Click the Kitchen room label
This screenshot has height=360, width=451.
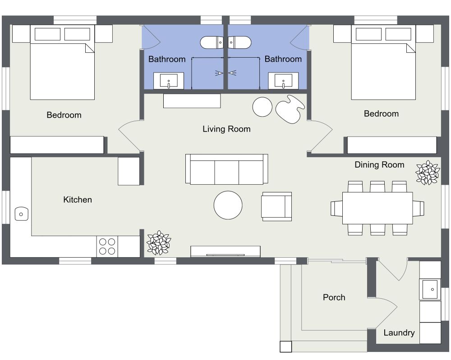(78, 200)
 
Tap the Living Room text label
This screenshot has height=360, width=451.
(226, 129)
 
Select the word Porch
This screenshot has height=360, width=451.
(334, 297)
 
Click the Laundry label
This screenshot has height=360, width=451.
(399, 333)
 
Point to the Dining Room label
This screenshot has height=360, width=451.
(379, 165)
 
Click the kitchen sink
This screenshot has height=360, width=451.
(21, 214)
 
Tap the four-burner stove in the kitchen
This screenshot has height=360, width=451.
(107, 246)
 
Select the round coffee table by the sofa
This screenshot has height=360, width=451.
(228, 205)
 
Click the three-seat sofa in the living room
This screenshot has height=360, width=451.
(226, 169)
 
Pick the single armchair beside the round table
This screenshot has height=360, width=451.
(277, 206)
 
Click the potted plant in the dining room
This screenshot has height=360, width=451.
(427, 173)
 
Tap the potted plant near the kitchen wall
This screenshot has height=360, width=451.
(159, 243)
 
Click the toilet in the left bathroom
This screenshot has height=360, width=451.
(211, 43)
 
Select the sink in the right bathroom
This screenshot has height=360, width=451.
(283, 82)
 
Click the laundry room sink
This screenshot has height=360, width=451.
(429, 289)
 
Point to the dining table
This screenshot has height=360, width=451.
(377, 208)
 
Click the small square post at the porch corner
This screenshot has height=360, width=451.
(285, 346)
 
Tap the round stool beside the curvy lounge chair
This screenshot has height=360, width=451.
(262, 107)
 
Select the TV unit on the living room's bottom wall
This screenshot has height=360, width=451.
(225, 251)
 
